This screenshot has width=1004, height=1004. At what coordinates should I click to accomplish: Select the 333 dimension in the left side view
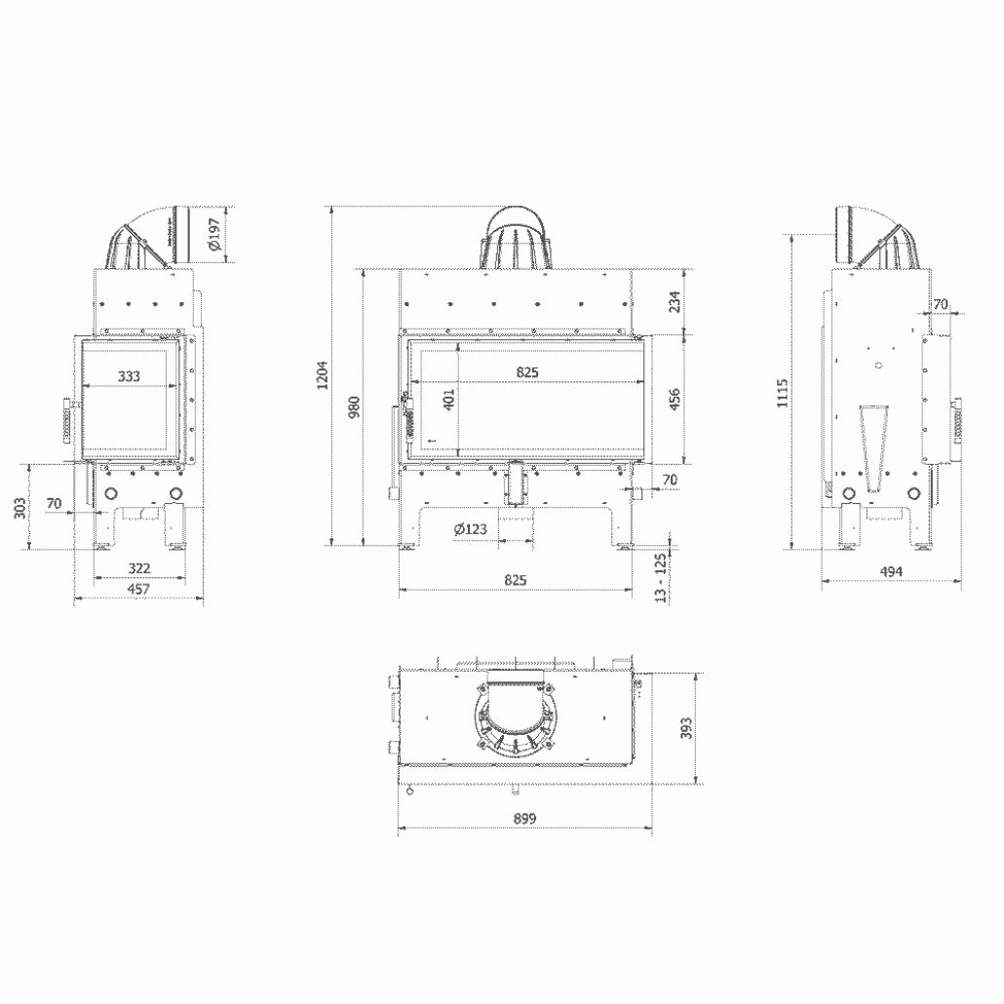tap(128, 376)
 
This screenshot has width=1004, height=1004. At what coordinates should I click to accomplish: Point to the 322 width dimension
tap(139, 568)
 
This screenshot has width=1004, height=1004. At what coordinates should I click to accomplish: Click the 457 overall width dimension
tap(139, 589)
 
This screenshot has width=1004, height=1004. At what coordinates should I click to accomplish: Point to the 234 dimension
tap(674, 303)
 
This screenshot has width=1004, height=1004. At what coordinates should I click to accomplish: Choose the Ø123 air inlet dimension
tap(470, 529)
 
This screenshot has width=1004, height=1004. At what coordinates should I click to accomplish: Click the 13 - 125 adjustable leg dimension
tap(662, 578)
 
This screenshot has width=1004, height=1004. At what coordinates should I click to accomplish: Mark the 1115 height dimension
tap(784, 393)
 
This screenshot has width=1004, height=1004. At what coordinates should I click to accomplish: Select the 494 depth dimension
tap(891, 571)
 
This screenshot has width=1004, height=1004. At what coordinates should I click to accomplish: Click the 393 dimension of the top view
tap(686, 728)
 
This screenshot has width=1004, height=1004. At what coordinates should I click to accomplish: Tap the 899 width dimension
tap(524, 818)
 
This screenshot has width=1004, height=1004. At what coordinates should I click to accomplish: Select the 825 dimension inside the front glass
tap(527, 371)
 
